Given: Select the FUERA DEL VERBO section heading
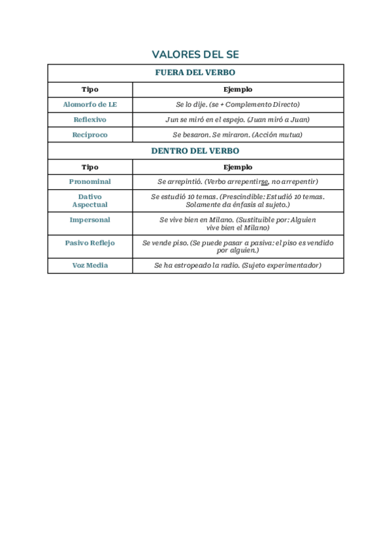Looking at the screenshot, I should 195,73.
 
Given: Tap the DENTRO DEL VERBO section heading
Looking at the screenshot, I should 195,151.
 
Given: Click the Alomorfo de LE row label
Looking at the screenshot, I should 90,104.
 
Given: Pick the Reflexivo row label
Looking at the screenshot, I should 90,120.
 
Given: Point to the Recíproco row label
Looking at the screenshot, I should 90,135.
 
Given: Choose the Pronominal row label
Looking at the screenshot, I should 90,181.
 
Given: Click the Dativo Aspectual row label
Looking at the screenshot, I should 90,200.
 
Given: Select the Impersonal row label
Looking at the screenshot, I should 90,220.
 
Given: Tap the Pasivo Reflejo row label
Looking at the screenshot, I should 90,243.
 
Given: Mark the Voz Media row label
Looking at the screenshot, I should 90,265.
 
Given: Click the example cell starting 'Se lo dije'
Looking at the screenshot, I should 238,104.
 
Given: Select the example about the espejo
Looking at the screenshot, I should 238,120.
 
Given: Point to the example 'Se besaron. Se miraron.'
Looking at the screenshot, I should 238,135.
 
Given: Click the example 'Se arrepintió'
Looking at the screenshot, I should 238,181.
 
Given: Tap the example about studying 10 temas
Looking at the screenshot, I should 238,200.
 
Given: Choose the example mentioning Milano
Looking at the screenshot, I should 238,224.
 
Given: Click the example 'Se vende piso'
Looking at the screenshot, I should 238,246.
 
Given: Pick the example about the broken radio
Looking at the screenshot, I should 238,265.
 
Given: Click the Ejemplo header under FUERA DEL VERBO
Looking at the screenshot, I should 238,89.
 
